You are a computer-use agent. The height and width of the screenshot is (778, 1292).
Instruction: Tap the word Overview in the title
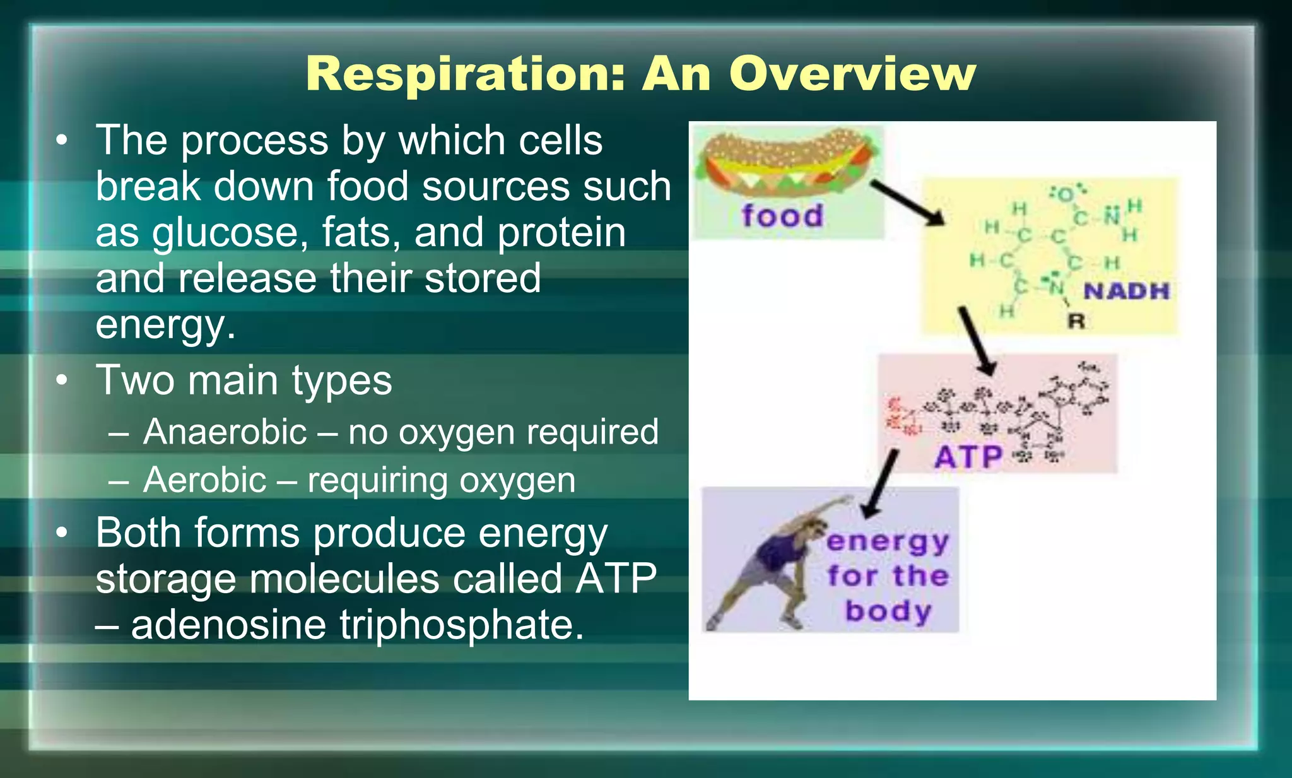[852, 75]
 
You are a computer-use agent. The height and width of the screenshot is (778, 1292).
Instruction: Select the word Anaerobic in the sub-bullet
[225, 432]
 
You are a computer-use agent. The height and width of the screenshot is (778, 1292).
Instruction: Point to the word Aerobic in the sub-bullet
[204, 480]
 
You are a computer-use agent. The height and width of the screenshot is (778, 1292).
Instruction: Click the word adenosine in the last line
[228, 625]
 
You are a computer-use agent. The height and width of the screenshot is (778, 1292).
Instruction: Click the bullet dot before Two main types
[61, 380]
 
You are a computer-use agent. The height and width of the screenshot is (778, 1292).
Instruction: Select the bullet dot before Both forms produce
[61, 533]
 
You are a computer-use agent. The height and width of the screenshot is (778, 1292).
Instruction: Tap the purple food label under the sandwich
[782, 216]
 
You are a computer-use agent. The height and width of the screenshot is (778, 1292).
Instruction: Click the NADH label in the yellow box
[1127, 291]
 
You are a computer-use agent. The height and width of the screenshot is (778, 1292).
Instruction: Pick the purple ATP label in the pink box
[968, 457]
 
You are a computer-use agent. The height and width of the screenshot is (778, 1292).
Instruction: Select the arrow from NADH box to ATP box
[977, 341]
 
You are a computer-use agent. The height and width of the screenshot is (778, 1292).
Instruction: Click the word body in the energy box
[888, 611]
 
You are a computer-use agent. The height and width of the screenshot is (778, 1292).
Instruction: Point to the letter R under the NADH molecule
[1076, 321]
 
